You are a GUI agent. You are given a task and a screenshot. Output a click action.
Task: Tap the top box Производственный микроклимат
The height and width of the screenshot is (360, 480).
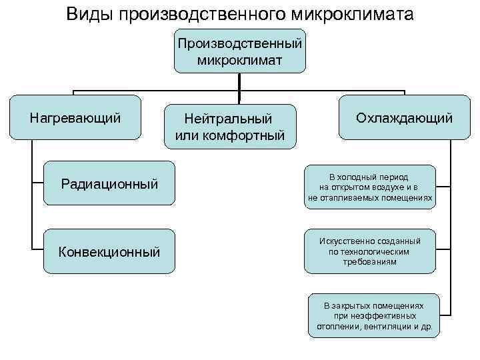coord(239,51)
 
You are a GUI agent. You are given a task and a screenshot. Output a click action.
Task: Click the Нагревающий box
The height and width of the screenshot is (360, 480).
coord(76,119)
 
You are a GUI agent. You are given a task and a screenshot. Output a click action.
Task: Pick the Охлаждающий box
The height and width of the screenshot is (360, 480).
coord(404,119)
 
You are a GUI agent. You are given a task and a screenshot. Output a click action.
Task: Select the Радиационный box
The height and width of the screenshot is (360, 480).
coord(109,183)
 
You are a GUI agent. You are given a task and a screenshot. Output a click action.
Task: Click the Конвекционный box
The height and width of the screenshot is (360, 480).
coord(109,251)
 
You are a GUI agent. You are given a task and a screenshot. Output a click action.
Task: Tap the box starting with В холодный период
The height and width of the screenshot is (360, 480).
coord(369,187)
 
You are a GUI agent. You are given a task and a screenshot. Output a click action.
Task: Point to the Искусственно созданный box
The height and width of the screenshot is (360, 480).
coord(369,251)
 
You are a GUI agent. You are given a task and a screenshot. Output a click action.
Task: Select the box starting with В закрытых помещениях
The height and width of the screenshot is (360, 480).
coord(373,315)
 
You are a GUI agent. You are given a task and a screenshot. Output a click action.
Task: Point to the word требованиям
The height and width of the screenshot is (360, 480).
coord(369,262)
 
